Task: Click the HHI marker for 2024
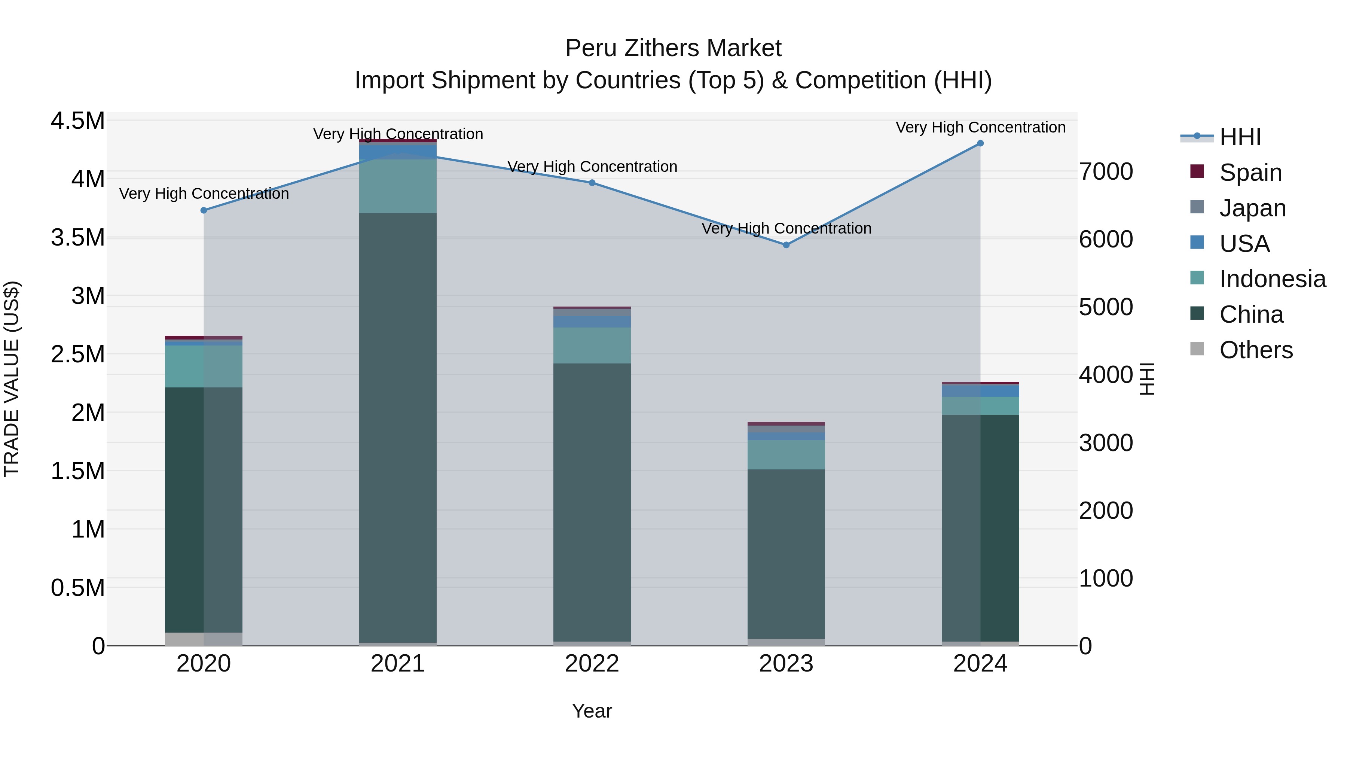click(x=980, y=143)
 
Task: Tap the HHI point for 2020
click(x=204, y=210)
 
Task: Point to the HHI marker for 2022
click(x=592, y=183)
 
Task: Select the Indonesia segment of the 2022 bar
click(x=592, y=345)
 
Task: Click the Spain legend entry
click(x=1250, y=173)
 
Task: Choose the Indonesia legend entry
click(x=1272, y=279)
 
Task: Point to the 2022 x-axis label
click(x=592, y=664)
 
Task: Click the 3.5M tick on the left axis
click(x=77, y=237)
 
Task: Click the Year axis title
click(x=592, y=711)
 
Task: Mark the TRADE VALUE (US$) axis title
click(x=12, y=379)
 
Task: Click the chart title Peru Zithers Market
click(x=673, y=48)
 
